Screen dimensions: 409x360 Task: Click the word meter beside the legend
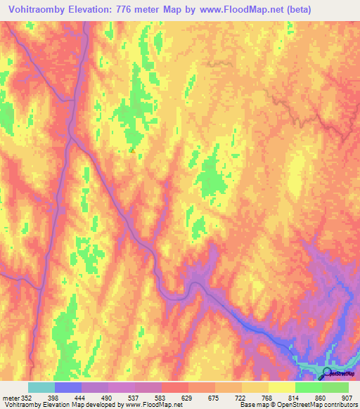(x=10, y=396)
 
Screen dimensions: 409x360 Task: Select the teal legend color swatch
(x=41, y=387)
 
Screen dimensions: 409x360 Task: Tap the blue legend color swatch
(x=68, y=387)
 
